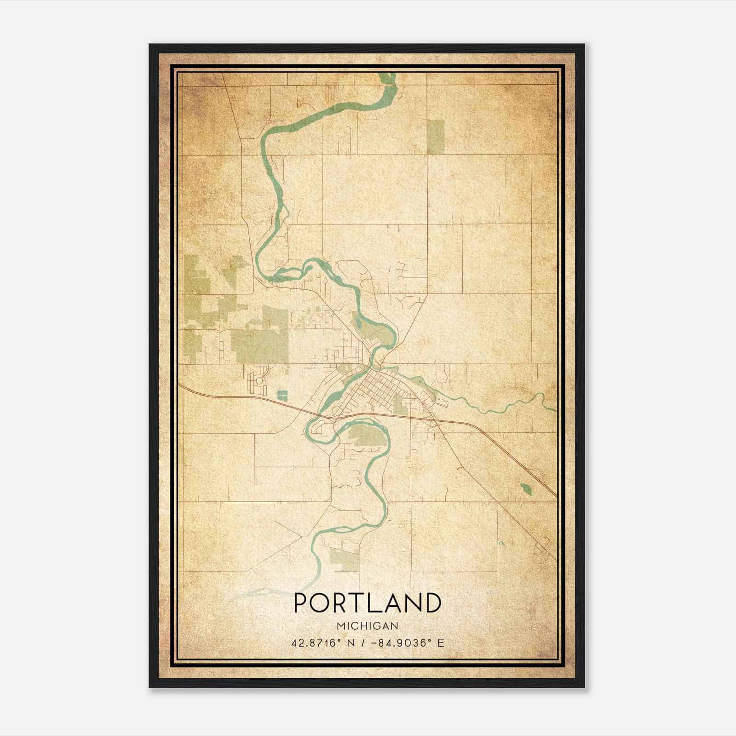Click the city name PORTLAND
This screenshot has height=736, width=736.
[367, 603]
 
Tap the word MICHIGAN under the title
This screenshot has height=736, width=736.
[367, 626]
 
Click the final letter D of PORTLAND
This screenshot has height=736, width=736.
[432, 603]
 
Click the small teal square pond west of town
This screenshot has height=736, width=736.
[282, 395]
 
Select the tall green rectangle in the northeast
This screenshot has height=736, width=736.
[436, 137]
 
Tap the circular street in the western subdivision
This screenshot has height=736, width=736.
[259, 380]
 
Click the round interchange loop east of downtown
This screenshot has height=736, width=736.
[433, 424]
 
